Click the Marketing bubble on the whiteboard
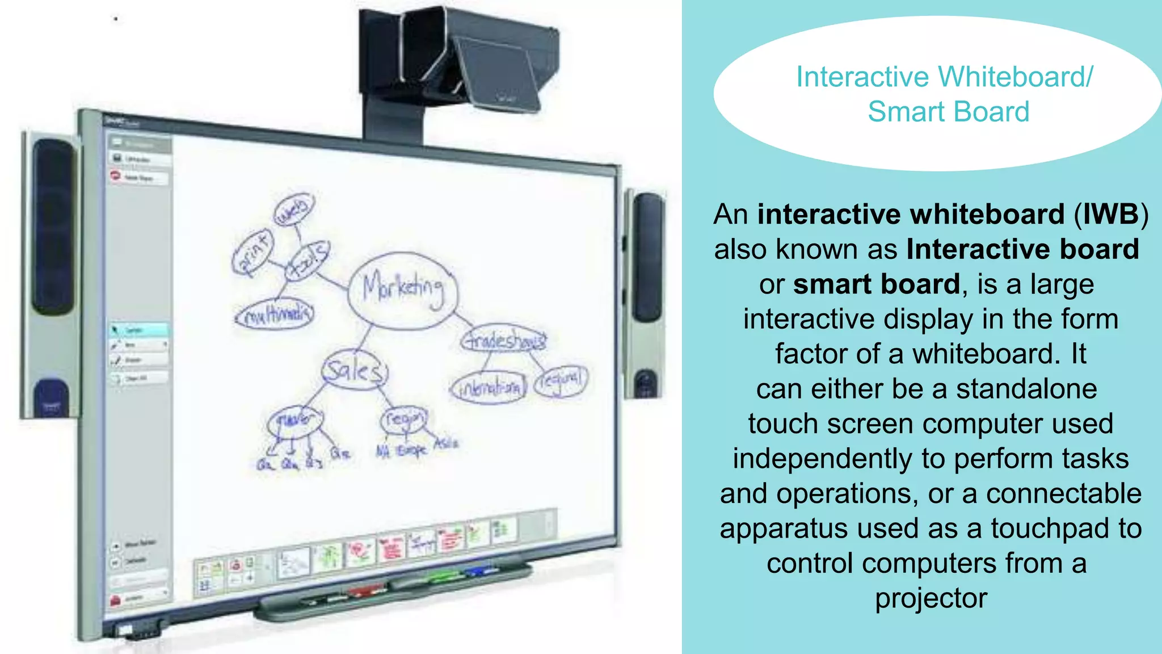point(402,290)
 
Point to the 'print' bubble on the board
point(252,253)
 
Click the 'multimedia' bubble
point(275,315)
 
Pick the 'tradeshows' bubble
point(504,341)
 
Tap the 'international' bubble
point(490,388)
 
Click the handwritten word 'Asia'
point(446,443)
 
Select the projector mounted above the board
point(460,62)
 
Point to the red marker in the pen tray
point(367,590)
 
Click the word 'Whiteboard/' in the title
point(1015,77)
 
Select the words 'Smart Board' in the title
point(948,112)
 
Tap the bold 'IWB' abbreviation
point(1110,215)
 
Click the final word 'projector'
point(931,599)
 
